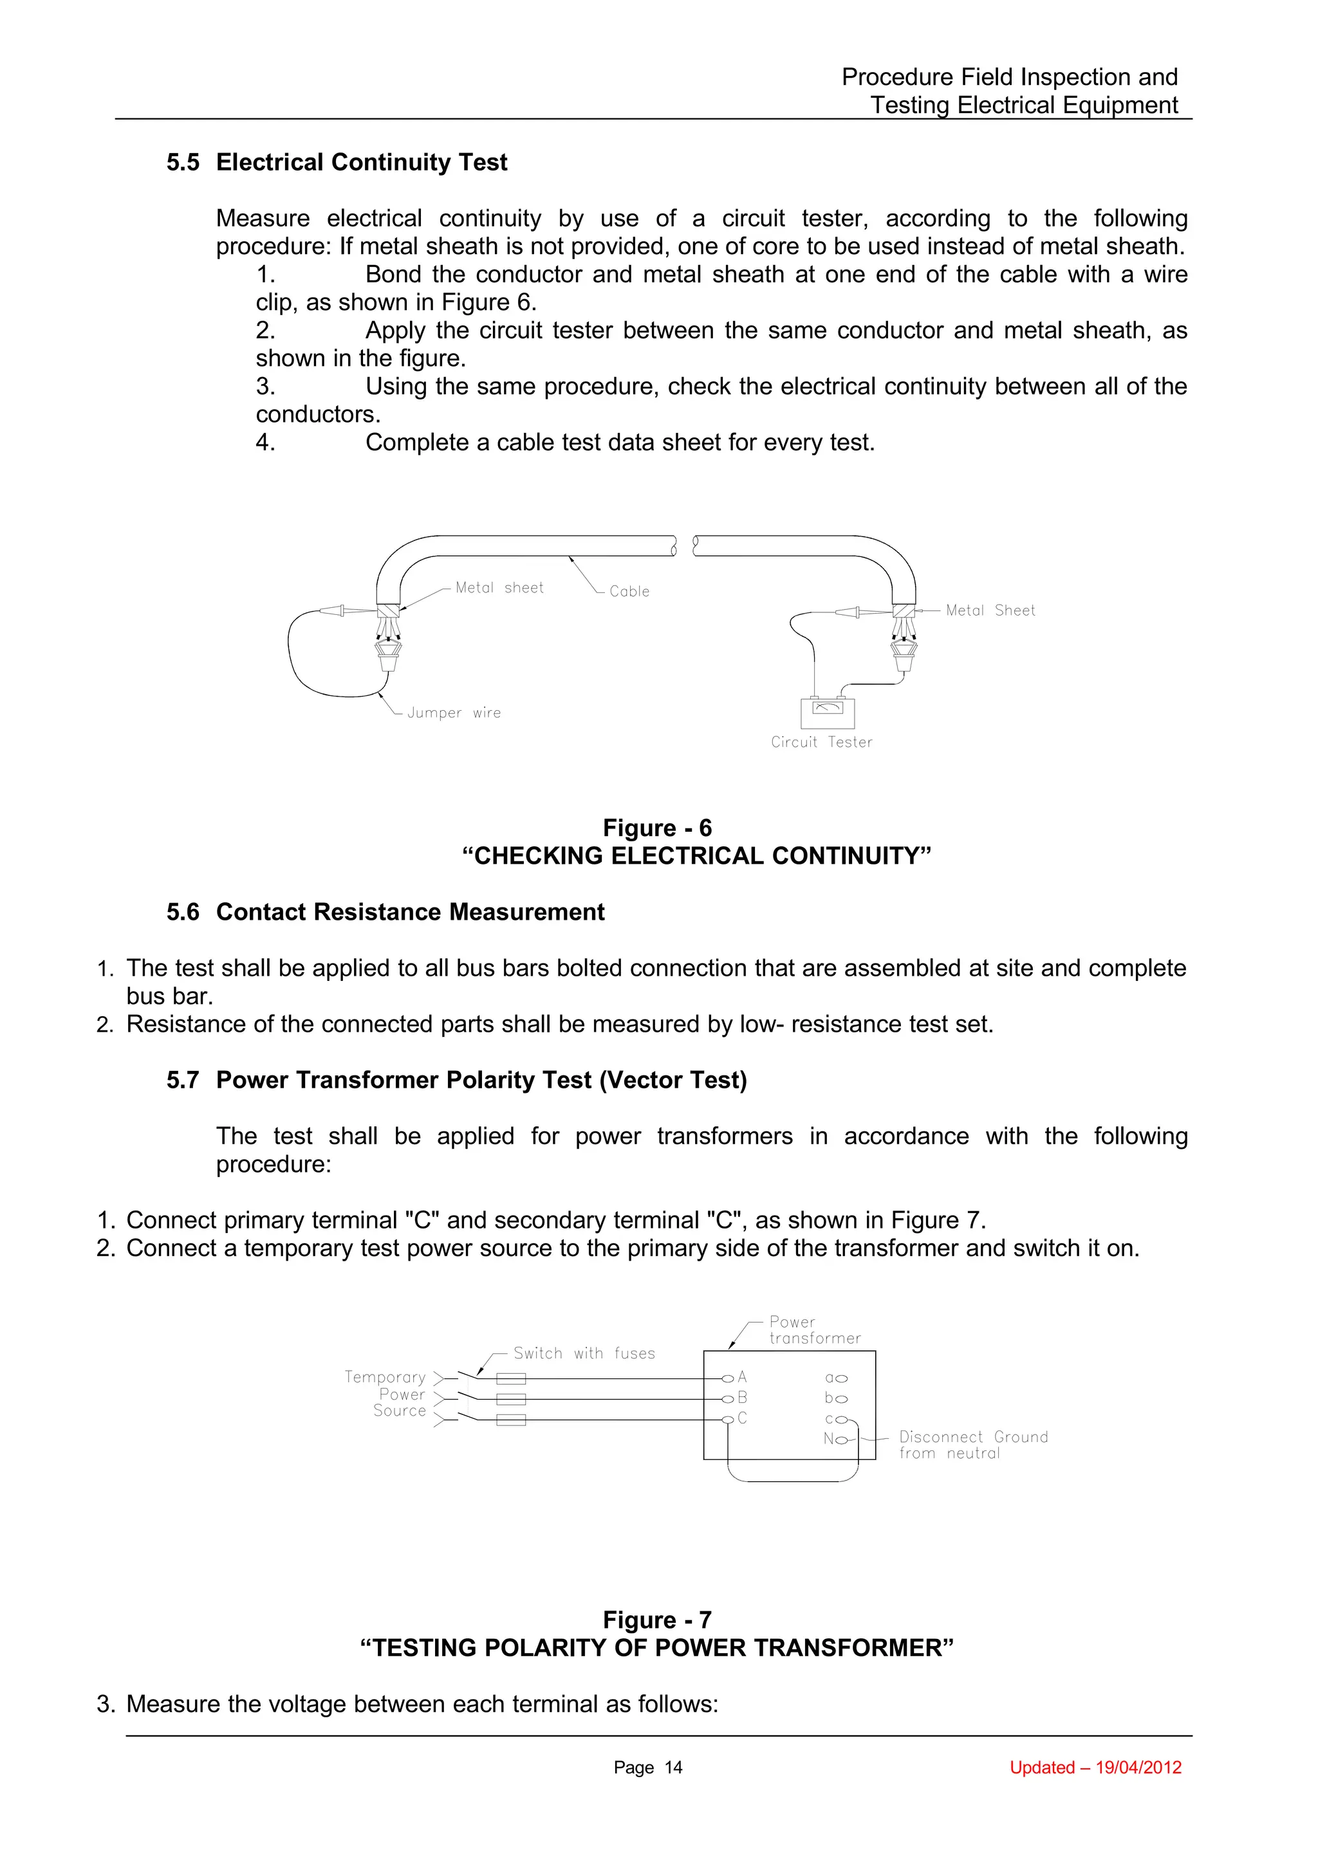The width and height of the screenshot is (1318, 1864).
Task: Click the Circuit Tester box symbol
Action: pos(827,712)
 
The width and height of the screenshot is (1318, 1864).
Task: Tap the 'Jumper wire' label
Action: pos(453,713)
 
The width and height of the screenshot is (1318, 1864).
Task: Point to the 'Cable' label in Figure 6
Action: pos(629,592)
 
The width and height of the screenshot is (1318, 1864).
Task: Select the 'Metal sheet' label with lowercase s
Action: pos(499,588)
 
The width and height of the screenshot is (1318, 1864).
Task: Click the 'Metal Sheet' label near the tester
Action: pos(990,610)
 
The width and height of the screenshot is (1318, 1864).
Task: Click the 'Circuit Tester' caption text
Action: pos(821,742)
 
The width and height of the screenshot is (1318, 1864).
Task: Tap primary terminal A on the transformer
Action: pos(729,1378)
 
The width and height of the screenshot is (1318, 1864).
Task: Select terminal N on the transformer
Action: pos(840,1439)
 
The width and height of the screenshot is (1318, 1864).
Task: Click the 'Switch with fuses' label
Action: pos(584,1353)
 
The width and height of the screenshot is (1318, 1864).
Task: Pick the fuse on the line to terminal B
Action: pos(511,1399)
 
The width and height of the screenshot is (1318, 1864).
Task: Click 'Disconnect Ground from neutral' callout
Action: pos(973,1445)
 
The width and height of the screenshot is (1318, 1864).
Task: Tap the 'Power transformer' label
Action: pos(813,1329)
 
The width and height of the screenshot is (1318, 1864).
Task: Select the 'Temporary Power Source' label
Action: pos(387,1394)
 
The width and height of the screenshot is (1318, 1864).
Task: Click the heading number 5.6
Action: pos(183,913)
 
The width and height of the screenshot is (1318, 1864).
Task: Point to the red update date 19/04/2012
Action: pos(1138,1768)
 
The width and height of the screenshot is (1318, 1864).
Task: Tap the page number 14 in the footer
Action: pos(673,1768)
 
